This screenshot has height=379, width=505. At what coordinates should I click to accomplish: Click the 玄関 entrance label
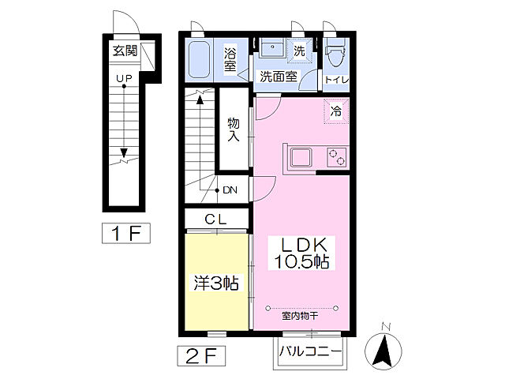(125, 51)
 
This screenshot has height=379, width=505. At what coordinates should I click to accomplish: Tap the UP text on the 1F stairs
(124, 78)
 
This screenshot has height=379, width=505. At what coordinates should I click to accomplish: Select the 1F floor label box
(126, 233)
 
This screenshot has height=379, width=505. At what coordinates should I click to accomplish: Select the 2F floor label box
(201, 356)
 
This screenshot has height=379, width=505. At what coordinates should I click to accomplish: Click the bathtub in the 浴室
(199, 60)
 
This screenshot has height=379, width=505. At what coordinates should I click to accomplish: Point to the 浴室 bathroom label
(230, 60)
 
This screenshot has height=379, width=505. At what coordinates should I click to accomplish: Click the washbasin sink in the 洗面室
(271, 47)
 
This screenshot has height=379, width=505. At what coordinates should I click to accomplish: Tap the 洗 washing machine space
(300, 51)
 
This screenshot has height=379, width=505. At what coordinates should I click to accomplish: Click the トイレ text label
(337, 80)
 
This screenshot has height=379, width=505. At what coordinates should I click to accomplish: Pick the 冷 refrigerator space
(336, 111)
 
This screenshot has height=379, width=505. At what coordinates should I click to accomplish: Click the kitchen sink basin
(301, 158)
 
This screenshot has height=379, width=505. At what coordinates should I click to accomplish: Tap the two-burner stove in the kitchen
(337, 157)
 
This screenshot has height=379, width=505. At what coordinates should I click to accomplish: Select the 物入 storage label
(234, 129)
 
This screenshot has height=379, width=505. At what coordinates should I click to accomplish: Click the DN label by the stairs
(230, 190)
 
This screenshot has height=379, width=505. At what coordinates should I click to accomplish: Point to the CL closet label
(215, 220)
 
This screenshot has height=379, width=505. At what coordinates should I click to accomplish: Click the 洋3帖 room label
(216, 283)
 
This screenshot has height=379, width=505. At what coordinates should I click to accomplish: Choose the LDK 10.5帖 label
(301, 253)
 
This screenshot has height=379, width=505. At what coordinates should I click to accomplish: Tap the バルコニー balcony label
(310, 351)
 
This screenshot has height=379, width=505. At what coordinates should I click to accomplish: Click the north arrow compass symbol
(383, 351)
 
